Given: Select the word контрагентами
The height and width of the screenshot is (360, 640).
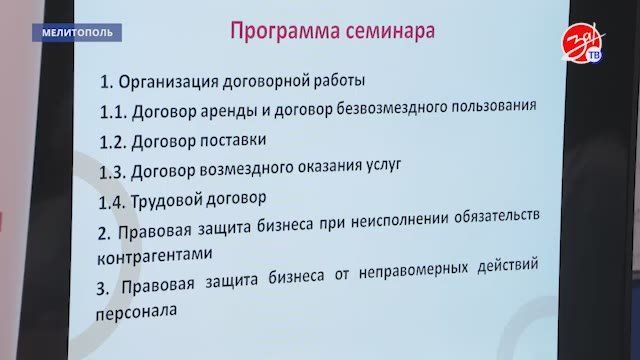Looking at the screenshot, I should (x=155, y=255).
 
